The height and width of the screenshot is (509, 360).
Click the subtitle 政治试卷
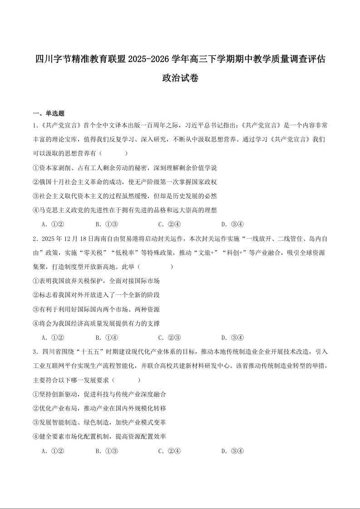pyautogui.click(x=180, y=78)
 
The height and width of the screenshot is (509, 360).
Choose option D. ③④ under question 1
pyautogui.click(x=233, y=224)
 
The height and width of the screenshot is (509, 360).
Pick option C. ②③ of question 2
pyautogui.click(x=170, y=337)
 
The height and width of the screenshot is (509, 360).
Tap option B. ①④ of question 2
pyautogui.click(x=107, y=337)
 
